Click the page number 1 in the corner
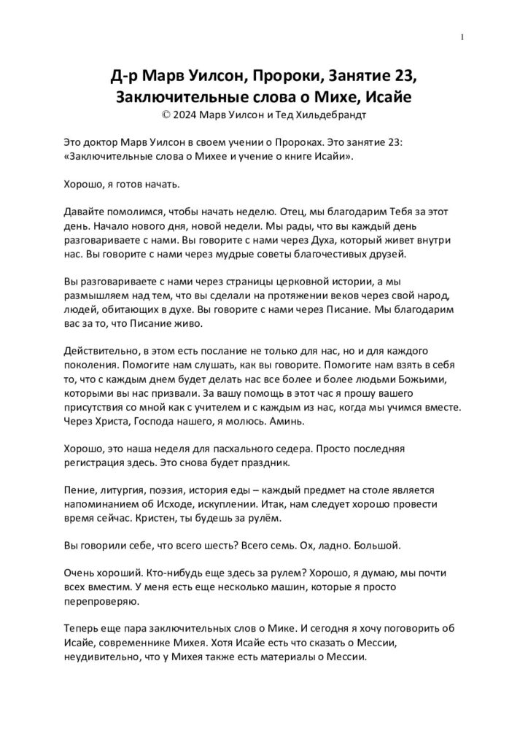(463, 38)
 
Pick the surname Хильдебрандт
(325, 115)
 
